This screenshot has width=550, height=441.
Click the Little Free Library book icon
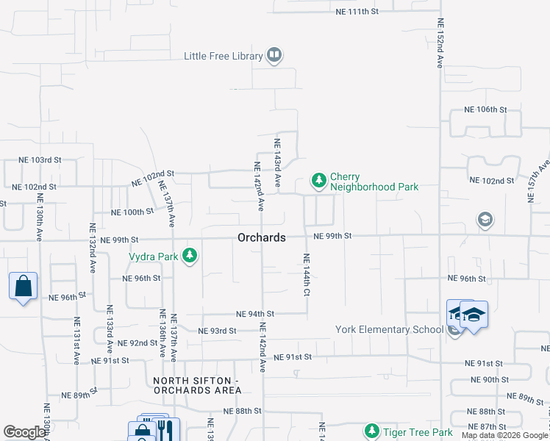click(274, 55)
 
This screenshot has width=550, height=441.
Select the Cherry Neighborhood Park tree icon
click(318, 180)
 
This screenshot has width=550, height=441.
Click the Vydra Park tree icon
click(190, 256)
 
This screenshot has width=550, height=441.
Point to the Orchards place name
click(261, 237)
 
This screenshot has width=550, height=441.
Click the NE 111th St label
click(357, 12)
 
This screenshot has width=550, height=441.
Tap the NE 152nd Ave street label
click(440, 43)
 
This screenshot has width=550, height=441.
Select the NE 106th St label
click(485, 109)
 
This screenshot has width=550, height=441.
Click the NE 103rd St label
click(40, 159)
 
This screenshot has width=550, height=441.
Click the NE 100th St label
click(132, 212)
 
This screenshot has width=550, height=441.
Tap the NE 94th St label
click(255, 313)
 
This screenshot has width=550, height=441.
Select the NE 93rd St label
click(217, 331)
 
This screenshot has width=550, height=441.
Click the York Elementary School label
click(389, 329)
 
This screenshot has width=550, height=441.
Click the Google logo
click(24, 432)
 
